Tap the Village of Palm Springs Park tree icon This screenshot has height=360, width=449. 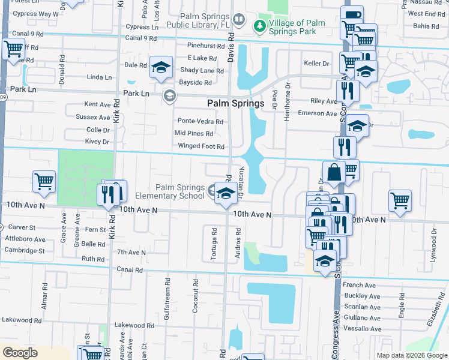pos(259,25)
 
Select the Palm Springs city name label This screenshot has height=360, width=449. pos(236,103)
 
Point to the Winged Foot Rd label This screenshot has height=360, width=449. pos(200,146)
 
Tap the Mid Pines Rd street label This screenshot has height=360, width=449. pos(193,134)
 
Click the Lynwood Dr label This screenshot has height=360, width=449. pos(433,241)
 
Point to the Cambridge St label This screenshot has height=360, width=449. pos(25,250)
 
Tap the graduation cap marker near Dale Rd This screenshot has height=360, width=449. pos(161,67)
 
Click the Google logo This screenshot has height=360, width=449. pos(20,353)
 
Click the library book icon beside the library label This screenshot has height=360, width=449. pos(240,20)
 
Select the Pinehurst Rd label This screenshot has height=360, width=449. pos(205,46)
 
